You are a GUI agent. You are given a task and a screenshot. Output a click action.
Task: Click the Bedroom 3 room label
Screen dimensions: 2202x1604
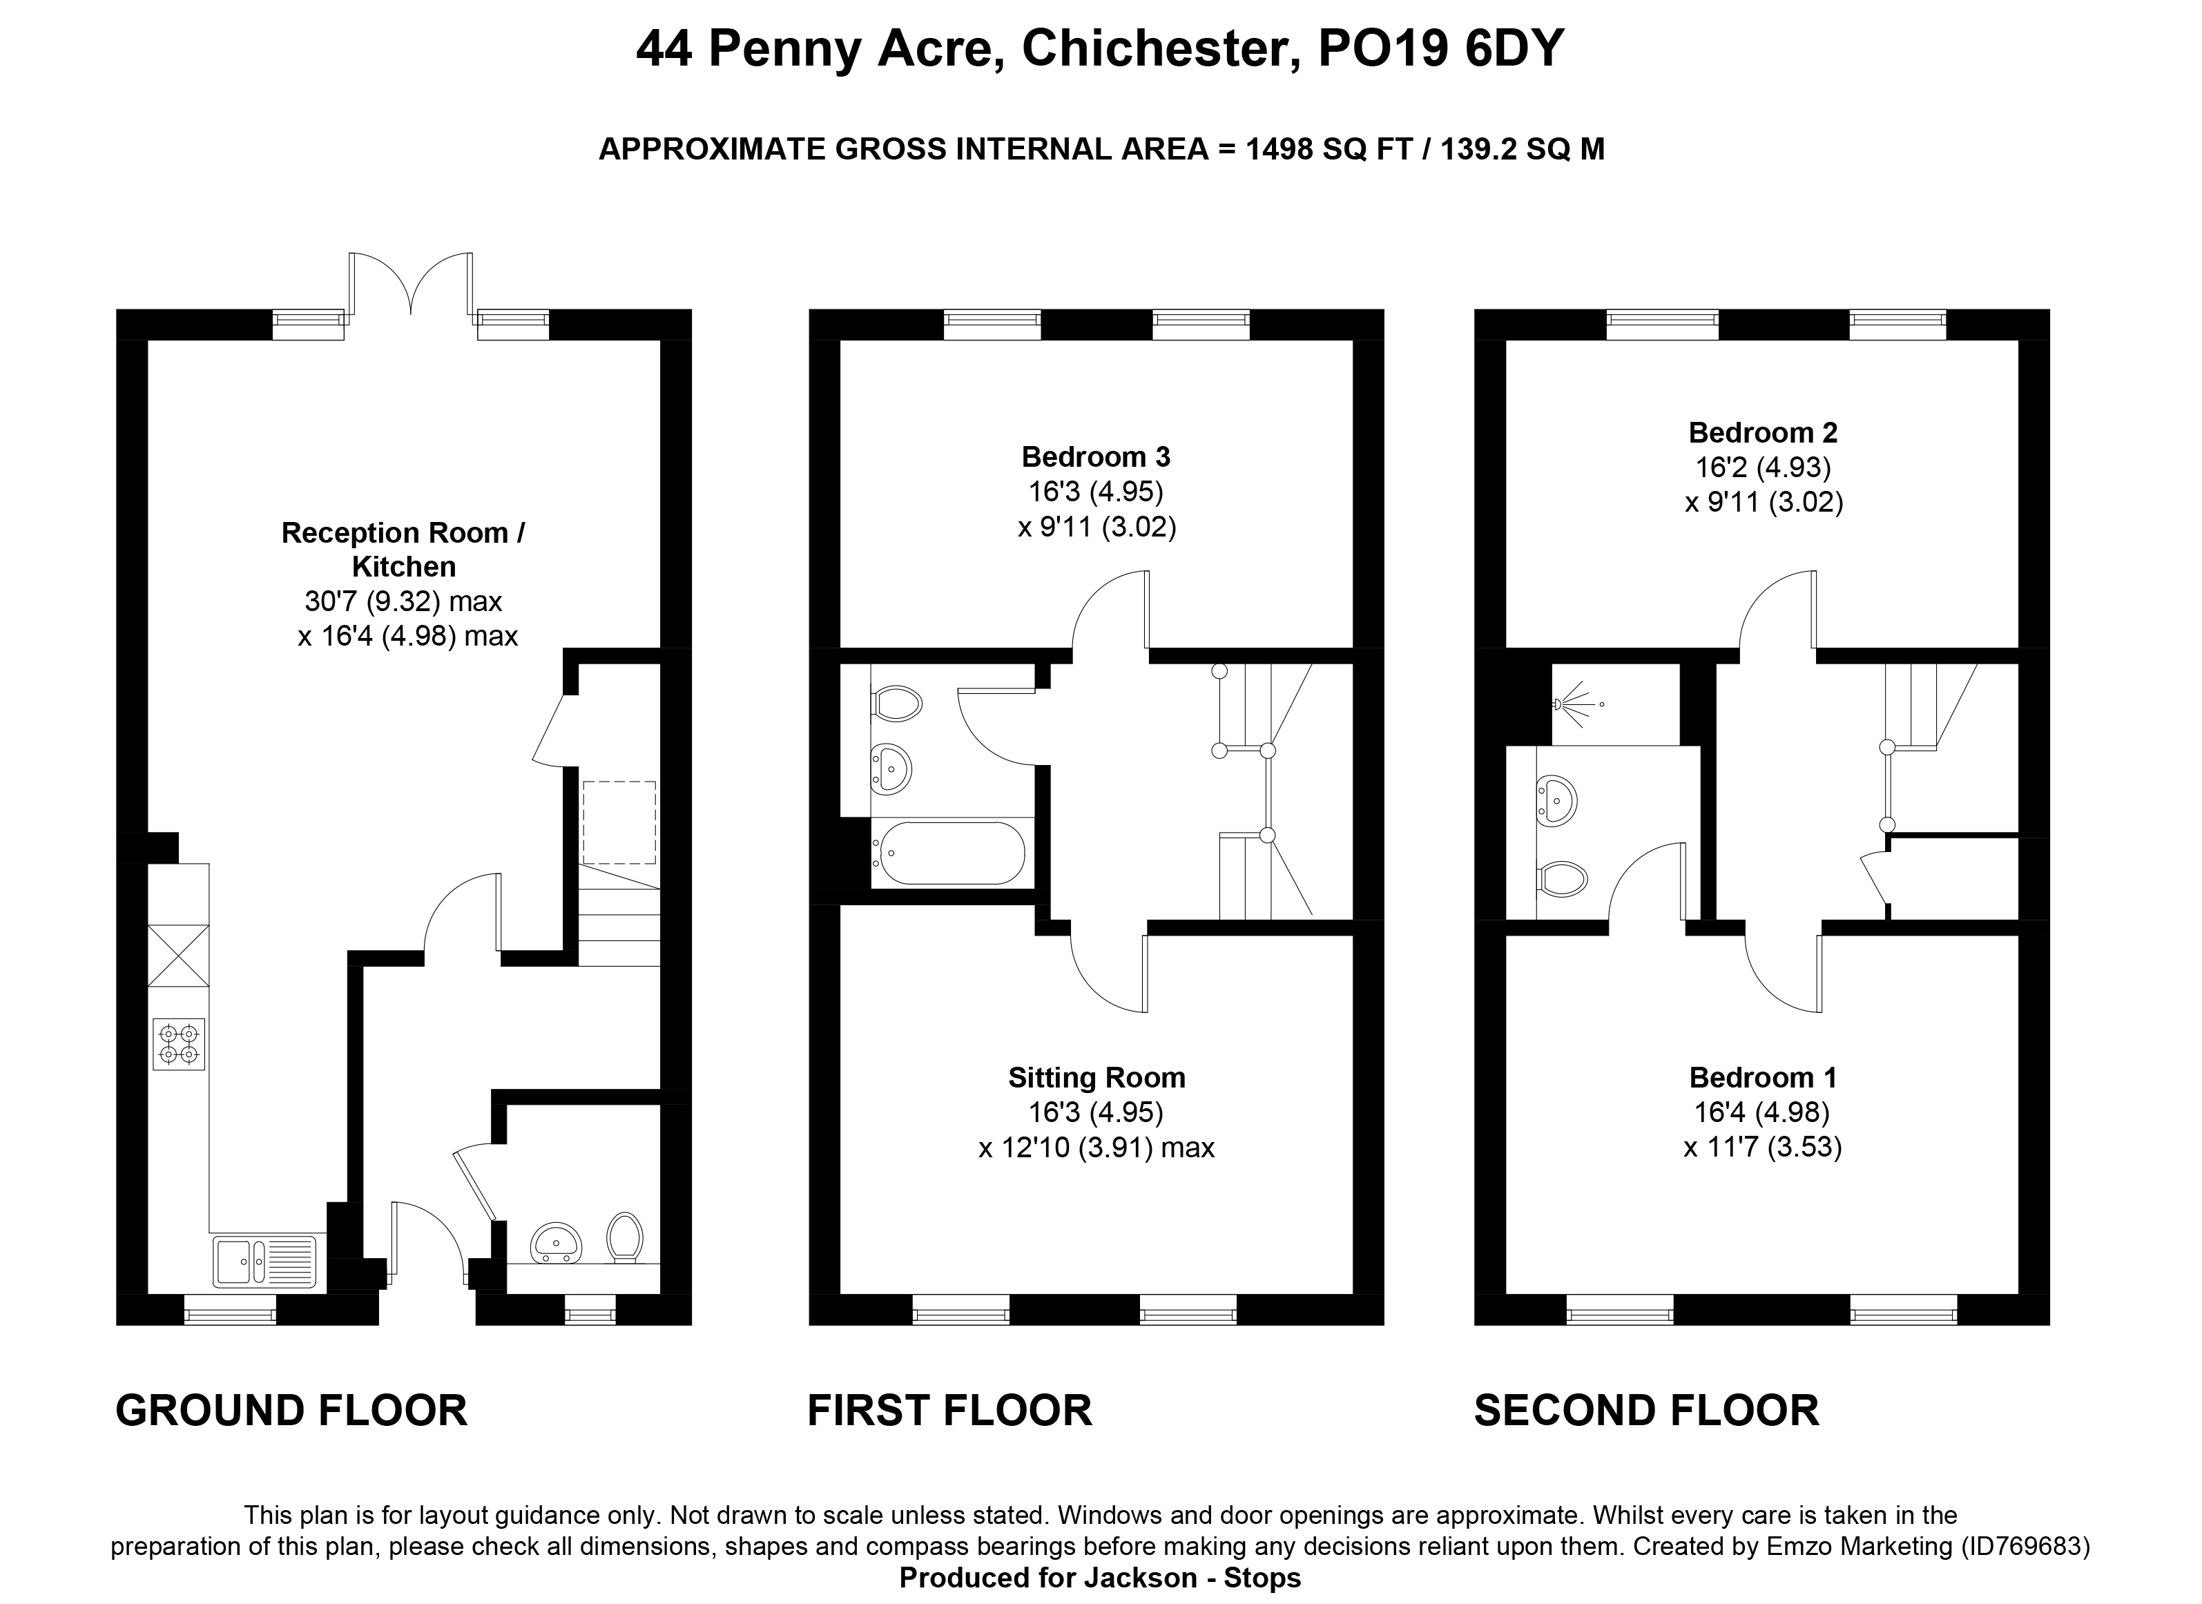tap(1096, 456)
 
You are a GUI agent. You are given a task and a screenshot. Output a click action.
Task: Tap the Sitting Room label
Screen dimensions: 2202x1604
tap(1096, 1078)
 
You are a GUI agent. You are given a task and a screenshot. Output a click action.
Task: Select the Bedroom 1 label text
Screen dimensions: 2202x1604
tap(1762, 1078)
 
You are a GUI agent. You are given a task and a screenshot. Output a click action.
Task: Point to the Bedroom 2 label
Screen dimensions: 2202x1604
tap(1762, 432)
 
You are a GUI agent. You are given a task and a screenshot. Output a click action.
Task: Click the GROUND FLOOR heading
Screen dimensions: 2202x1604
tap(291, 1411)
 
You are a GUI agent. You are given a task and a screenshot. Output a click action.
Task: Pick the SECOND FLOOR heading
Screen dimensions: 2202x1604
tap(1647, 1411)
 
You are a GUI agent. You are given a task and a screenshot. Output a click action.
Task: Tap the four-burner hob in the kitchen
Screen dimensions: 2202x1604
tap(179, 1045)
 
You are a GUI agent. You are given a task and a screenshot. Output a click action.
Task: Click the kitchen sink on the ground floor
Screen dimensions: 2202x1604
tap(264, 1262)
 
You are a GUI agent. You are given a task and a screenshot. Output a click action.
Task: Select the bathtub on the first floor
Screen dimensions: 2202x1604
tap(949, 853)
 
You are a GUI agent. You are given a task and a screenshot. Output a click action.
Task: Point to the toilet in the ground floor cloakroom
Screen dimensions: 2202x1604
tap(626, 1237)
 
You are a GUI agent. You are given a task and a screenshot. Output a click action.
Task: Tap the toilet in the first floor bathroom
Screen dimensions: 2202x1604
tap(896, 704)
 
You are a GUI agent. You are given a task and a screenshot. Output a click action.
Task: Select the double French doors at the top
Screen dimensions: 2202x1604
tap(411, 284)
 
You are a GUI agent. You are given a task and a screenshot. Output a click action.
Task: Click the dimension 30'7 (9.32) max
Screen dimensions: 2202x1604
tap(403, 602)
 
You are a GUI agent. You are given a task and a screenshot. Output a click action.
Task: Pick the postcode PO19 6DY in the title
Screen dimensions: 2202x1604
tap(1441, 48)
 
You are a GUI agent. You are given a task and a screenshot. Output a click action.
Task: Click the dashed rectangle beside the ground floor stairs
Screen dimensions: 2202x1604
tap(619, 822)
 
